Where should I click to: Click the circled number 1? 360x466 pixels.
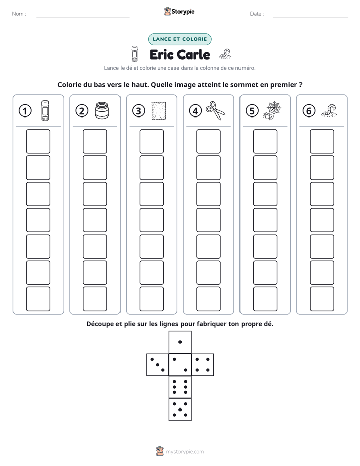25,111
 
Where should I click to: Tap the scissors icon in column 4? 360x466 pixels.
215,111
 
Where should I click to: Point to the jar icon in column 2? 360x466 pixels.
102,110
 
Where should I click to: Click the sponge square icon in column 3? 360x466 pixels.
159,111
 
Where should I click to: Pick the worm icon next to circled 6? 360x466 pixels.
329,110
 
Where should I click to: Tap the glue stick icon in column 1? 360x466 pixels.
45,110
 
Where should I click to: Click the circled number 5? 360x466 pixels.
252,111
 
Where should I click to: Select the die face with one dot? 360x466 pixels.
180,342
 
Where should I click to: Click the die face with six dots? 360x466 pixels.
180,387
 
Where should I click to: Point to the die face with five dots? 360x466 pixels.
180,410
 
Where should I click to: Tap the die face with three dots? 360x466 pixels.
158,365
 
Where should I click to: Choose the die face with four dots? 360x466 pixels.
203,365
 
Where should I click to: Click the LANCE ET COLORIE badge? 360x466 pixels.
179,39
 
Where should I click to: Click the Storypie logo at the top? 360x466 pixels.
179,11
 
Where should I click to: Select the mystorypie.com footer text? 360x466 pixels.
185,452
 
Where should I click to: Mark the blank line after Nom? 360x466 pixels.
83,17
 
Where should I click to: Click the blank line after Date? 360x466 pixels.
311,17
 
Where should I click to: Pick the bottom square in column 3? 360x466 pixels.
151,299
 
